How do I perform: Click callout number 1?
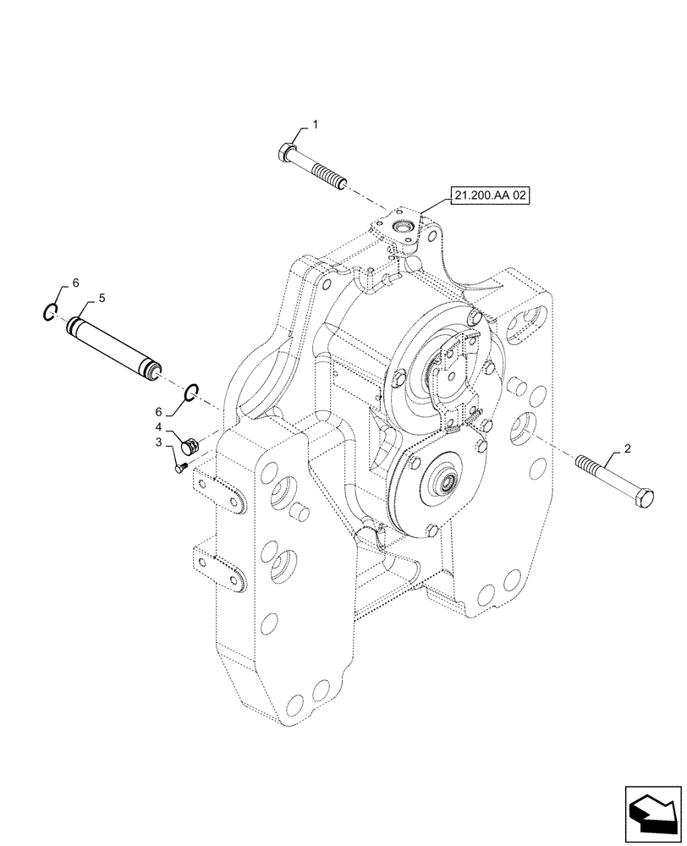(315, 125)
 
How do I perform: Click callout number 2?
(627, 450)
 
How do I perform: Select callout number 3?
(158, 442)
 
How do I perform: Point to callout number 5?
(102, 299)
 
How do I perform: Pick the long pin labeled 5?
(112, 345)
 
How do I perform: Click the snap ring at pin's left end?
(52, 314)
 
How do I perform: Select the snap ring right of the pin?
(192, 391)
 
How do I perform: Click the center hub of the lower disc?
(445, 486)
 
